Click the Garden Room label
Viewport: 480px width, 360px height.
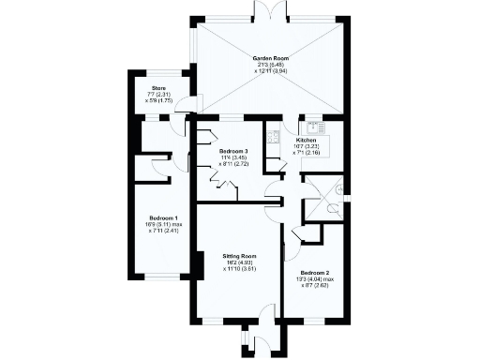click(269, 58)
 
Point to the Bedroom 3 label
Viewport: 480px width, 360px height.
click(233, 151)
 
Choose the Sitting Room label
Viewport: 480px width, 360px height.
click(239, 256)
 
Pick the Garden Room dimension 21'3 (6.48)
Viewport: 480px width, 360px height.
click(269, 66)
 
